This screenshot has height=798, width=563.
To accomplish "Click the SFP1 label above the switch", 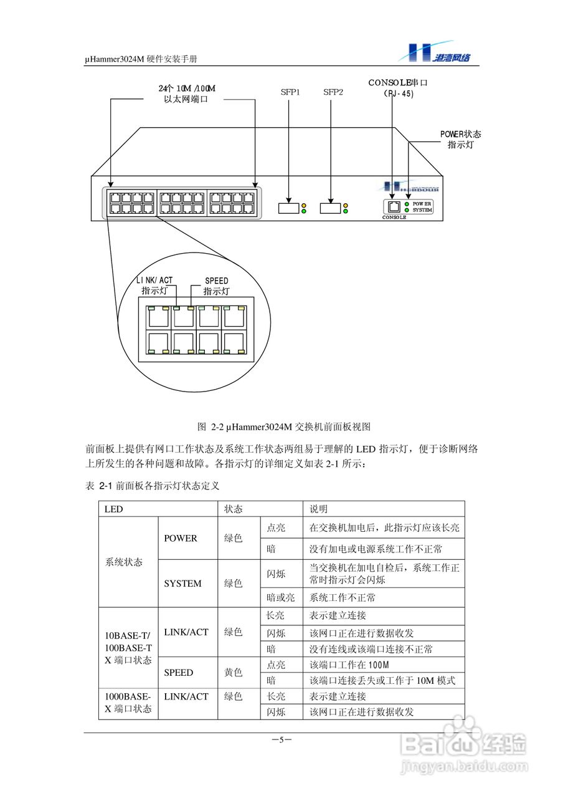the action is point(290,92).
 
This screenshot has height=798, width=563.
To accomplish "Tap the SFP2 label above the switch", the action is point(333,92).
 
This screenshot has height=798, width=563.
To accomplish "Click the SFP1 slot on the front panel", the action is point(288,208).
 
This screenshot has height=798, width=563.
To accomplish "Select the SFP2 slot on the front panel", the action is point(331,208).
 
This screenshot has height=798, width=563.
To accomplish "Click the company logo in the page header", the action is point(439,52).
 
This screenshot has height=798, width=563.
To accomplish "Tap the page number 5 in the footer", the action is point(281,740).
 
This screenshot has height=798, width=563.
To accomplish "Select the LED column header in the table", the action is point(114,509).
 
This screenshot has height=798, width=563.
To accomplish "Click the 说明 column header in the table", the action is point(318,509).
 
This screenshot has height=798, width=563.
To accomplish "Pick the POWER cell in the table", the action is point(181,538).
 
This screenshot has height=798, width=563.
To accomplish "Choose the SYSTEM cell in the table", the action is point(182,584).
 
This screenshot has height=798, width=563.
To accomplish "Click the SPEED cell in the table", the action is point(179,673).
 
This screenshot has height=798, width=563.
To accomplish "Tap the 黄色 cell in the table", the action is point(233,673).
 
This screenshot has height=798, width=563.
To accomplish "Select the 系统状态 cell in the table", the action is point(124,562).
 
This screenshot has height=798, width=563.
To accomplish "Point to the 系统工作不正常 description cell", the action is point(343,597).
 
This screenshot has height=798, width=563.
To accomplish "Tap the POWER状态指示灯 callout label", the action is point(460,139).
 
